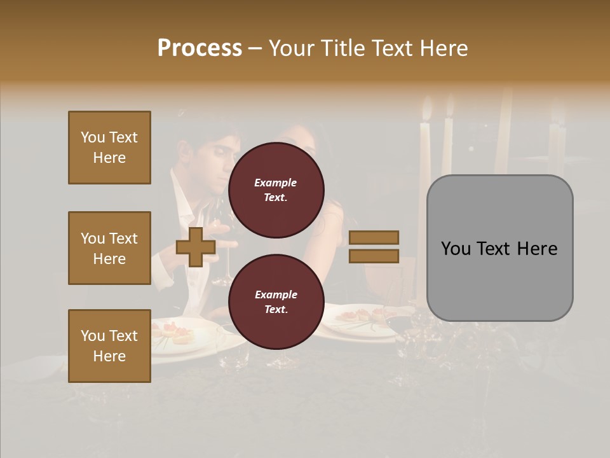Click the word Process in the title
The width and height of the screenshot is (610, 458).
200,48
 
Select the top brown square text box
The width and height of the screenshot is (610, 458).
109,148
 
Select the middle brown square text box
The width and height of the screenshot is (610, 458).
109,248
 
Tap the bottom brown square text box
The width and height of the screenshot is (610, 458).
109,345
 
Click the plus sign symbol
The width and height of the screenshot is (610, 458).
196,247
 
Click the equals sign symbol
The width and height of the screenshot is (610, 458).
374,247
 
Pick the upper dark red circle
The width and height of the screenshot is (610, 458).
276,190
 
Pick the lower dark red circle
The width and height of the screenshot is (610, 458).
276,302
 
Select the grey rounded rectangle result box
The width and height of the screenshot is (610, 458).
499,248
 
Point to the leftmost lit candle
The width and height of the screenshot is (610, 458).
424,146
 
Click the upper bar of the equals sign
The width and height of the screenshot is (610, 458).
374,238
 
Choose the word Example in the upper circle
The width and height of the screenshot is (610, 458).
275,183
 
